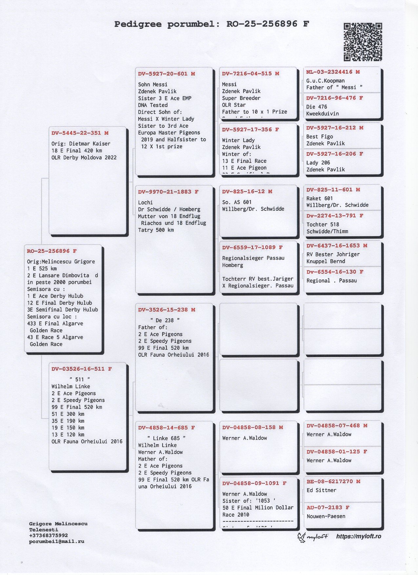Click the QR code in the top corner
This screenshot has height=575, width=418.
point(363,42)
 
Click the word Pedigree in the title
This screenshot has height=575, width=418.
point(138,24)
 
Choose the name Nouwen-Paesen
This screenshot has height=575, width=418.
point(326,516)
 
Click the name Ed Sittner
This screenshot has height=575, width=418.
point(321,490)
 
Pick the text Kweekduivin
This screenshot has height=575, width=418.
point(323,114)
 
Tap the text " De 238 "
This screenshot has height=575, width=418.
point(165,320)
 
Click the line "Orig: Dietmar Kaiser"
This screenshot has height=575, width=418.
point(81,144)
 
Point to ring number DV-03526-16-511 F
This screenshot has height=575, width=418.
point(81,369)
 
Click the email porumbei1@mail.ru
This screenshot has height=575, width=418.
point(56,541)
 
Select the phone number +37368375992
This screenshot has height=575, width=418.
point(48,535)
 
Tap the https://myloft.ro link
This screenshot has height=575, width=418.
point(358,536)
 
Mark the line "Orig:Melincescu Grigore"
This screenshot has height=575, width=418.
point(61,262)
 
